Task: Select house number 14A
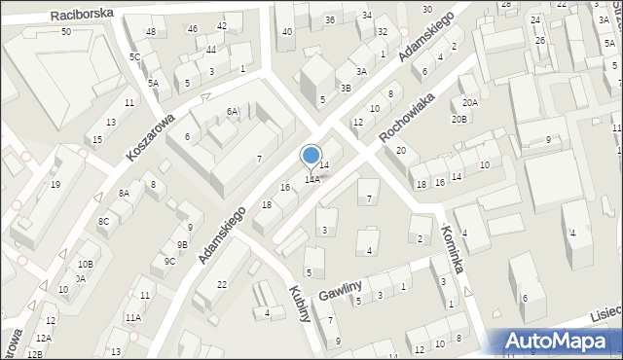point(311,180)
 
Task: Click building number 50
point(65,32)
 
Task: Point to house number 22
point(222,284)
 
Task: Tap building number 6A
point(233,112)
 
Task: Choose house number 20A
point(470,102)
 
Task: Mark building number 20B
point(458,119)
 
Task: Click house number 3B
point(346,88)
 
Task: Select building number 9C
point(169,261)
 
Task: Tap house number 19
point(55,185)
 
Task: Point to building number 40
point(286,32)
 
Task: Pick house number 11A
point(132,317)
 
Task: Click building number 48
point(150,32)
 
